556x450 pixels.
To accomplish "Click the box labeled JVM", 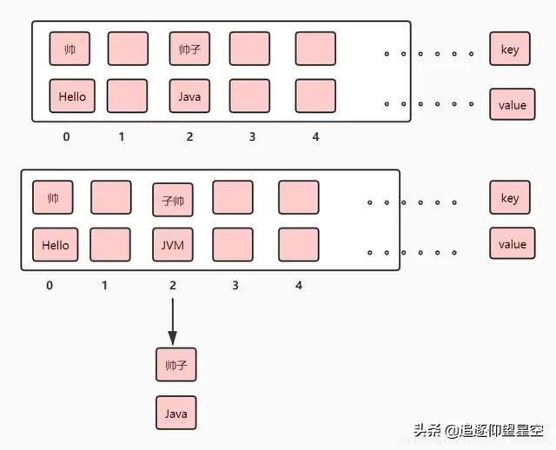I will click(x=172, y=245).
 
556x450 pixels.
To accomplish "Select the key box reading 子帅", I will click(x=172, y=199).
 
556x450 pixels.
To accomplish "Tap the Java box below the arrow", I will click(x=176, y=413).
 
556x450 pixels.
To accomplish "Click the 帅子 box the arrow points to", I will click(x=176, y=365).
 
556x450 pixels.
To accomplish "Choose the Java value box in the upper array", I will click(x=189, y=96).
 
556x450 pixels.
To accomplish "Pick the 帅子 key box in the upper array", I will click(x=189, y=49).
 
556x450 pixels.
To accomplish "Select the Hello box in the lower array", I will click(x=54, y=245).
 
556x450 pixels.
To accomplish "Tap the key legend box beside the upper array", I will click(x=510, y=50).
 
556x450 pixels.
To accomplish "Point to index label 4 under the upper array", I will click(x=315, y=137).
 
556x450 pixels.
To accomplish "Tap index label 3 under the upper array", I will click(x=252, y=137).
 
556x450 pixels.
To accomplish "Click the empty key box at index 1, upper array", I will click(x=128, y=49).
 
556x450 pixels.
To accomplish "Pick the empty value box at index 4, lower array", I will click(x=299, y=245).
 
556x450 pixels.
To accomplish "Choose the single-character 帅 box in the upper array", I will click(x=69, y=49).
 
